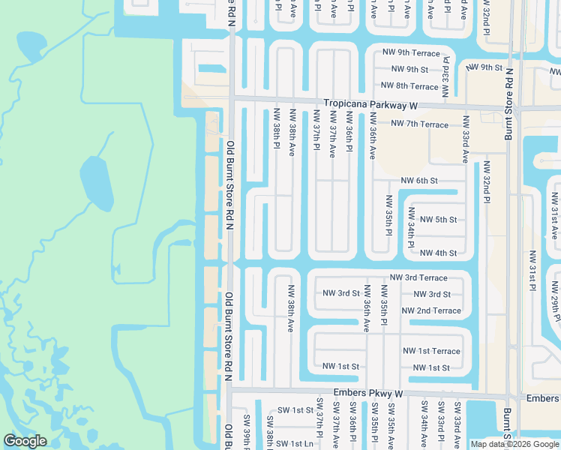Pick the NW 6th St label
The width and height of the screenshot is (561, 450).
coord(419,181)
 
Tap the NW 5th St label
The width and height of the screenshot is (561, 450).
coord(439,220)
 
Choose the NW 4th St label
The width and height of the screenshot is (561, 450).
coord(439,253)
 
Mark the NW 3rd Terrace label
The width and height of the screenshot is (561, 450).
coord(418,277)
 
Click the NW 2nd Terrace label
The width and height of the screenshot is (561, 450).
coord(431,310)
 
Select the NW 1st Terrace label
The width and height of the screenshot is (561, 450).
coord(431,351)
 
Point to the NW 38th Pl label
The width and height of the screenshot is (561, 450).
coord(277,128)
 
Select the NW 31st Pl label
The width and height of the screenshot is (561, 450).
coord(532,270)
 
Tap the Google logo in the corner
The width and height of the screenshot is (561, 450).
coord(25,441)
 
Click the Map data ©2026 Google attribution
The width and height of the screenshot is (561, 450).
coord(514,444)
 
